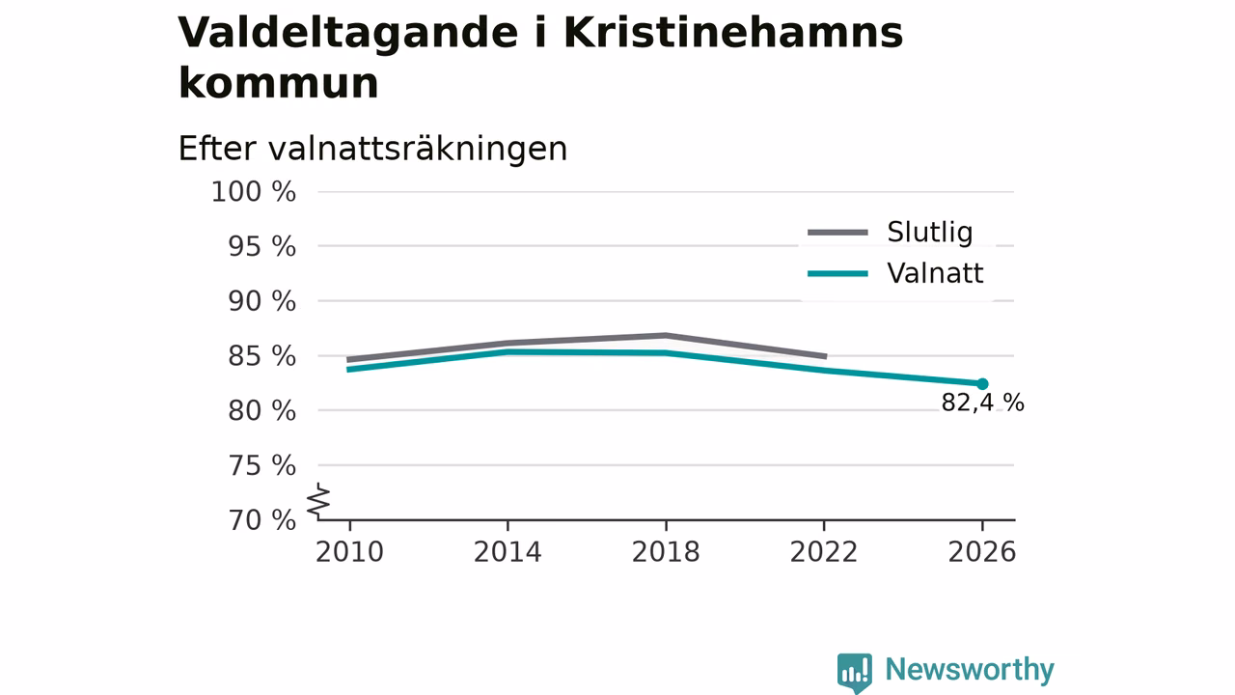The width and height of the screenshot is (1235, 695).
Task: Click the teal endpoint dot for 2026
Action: pyautogui.click(x=982, y=384)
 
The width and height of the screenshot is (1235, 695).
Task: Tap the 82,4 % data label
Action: pyautogui.click(x=982, y=403)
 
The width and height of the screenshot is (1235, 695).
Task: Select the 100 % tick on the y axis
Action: pyautogui.click(x=253, y=192)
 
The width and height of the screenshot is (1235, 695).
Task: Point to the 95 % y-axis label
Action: pyautogui.click(x=261, y=246)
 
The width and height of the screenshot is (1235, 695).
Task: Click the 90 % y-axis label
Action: pyautogui.click(x=261, y=301)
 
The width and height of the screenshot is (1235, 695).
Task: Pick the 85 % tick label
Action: pyautogui.click(x=261, y=356)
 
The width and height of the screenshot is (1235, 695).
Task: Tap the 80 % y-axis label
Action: pyautogui.click(x=261, y=411)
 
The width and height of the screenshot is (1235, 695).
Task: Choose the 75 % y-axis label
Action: pyautogui.click(x=261, y=465)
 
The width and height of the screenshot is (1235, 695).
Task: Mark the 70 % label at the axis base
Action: pyautogui.click(x=261, y=520)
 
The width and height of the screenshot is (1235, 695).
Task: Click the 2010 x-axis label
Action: pyautogui.click(x=349, y=552)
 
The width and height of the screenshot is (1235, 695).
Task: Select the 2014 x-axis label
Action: pyautogui.click(x=508, y=552)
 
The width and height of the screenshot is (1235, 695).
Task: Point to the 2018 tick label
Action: pyautogui.click(x=666, y=552)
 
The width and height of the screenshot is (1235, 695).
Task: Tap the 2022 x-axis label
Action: pyautogui.click(x=824, y=552)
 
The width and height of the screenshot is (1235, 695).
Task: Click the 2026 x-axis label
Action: pyautogui.click(x=982, y=552)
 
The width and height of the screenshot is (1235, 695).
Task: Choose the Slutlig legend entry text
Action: pyautogui.click(x=930, y=232)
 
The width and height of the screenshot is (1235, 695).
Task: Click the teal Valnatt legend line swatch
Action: pyautogui.click(x=838, y=273)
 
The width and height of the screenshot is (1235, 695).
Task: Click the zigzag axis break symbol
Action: pyautogui.click(x=318, y=501)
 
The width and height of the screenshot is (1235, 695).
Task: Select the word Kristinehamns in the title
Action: pyautogui.click(x=733, y=33)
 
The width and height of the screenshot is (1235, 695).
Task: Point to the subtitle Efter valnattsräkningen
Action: pyautogui.click(x=372, y=149)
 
